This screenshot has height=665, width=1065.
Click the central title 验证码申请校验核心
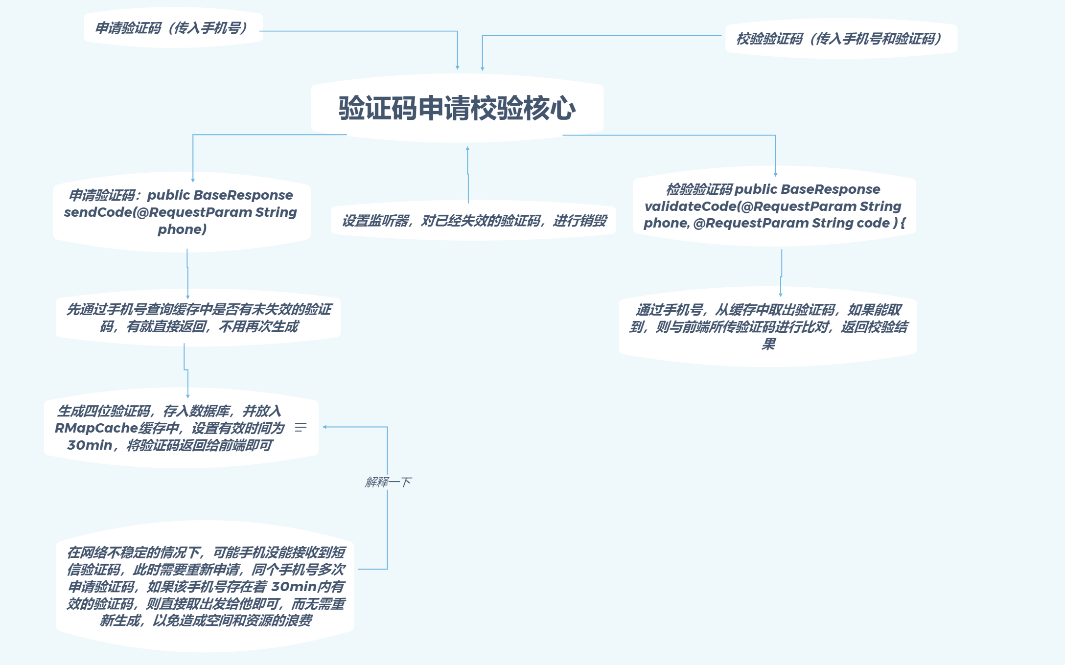click(457, 108)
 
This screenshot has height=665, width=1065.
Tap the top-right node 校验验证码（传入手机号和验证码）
click(839, 39)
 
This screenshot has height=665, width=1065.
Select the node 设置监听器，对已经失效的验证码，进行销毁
click(474, 221)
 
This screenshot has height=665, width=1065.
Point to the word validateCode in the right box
click(690, 206)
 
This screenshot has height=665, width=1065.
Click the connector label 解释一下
click(388, 482)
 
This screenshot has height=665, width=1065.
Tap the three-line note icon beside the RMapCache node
click(301, 427)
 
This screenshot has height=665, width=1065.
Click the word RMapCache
click(96, 428)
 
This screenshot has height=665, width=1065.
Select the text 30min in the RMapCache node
click(90, 445)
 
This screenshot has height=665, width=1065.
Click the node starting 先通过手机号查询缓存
click(198, 318)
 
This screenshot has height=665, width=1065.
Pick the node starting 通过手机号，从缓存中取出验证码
click(768, 326)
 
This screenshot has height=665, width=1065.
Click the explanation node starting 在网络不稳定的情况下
click(206, 586)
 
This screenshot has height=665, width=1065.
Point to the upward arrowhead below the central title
click(467, 148)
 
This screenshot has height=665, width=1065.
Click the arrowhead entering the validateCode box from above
click(775, 174)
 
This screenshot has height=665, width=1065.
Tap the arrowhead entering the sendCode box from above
click(193, 180)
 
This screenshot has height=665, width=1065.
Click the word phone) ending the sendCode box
click(182, 229)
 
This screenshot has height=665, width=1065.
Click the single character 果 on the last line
click(768, 344)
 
